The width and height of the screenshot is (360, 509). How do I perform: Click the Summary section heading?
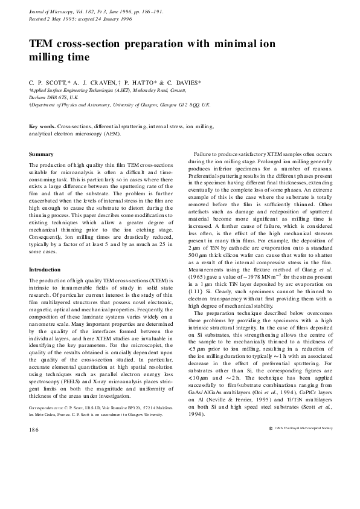(41, 155)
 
